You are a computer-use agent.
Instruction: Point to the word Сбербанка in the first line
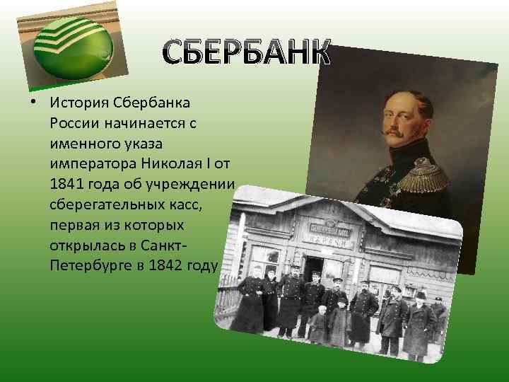coord(151,103)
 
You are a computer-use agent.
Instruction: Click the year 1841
coord(67,185)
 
